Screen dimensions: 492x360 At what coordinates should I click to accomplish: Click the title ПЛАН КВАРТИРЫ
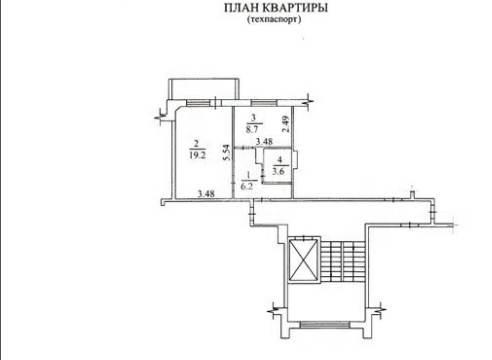coord(276,8)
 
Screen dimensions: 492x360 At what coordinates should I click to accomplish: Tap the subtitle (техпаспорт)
coord(274,19)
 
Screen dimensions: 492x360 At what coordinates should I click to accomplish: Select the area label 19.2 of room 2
coord(197,155)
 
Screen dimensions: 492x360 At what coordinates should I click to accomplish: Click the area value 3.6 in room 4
coord(278,172)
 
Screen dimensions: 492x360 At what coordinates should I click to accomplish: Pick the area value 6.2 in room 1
coord(247,186)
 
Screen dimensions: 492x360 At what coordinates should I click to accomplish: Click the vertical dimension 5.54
coord(227,153)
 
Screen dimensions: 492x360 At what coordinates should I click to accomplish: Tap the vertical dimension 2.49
coord(286,124)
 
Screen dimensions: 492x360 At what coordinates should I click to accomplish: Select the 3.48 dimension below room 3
coord(264,142)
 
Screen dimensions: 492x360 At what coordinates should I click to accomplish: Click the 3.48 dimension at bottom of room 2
coord(206,193)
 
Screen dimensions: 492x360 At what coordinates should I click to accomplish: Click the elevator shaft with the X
coord(303,260)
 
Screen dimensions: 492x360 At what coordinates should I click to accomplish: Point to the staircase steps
coord(343,260)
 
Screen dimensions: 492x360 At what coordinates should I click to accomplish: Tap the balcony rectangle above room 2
coord(204,89)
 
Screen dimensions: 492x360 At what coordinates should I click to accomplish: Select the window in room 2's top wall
coord(198,103)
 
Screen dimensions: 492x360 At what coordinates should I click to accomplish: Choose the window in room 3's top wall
coord(264,103)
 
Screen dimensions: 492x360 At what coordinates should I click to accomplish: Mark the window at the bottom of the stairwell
coord(325,325)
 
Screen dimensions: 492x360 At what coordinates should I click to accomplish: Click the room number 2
coord(196,144)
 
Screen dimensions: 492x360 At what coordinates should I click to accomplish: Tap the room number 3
coord(254,118)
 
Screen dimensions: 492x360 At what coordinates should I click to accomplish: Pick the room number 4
coord(278,162)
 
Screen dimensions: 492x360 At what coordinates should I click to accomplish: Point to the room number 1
coord(248,175)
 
